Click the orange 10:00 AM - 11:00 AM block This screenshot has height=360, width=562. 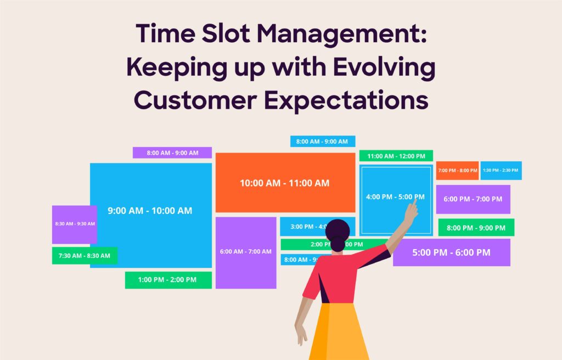[x=285, y=183]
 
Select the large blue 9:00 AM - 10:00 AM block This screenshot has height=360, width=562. [x=150, y=211]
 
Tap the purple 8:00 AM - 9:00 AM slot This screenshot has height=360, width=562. [x=172, y=153]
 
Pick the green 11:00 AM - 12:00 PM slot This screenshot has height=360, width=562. [x=396, y=156]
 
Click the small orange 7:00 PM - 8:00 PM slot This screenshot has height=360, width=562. [x=457, y=171]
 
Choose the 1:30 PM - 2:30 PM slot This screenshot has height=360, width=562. [x=501, y=171]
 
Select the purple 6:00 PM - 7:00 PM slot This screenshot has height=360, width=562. [x=473, y=199]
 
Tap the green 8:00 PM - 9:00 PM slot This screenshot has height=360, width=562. [x=476, y=227]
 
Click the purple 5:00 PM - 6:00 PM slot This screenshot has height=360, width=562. [x=451, y=252]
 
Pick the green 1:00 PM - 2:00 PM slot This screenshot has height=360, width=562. [x=167, y=280]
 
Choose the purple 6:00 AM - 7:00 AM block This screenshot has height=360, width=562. [x=245, y=252]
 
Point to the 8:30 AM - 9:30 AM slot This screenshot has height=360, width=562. [x=74, y=224]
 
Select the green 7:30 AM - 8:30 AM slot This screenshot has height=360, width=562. [x=84, y=256]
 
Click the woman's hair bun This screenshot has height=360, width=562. [x=337, y=226]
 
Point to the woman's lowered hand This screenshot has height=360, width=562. [x=301, y=335]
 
